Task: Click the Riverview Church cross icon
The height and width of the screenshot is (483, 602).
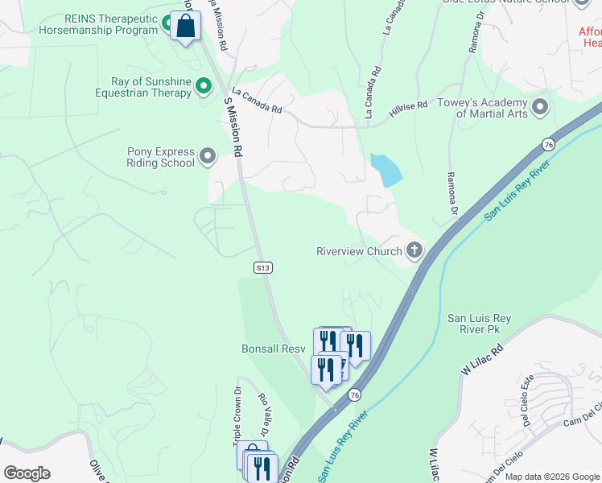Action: (x=414, y=251)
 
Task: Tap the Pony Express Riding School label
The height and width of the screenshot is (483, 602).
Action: (x=161, y=157)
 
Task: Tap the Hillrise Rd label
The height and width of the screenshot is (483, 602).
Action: (x=407, y=110)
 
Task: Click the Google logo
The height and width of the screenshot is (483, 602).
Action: (x=27, y=473)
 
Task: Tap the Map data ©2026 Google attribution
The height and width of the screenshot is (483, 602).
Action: (x=552, y=477)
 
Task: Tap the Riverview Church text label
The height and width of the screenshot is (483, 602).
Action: (x=358, y=252)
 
